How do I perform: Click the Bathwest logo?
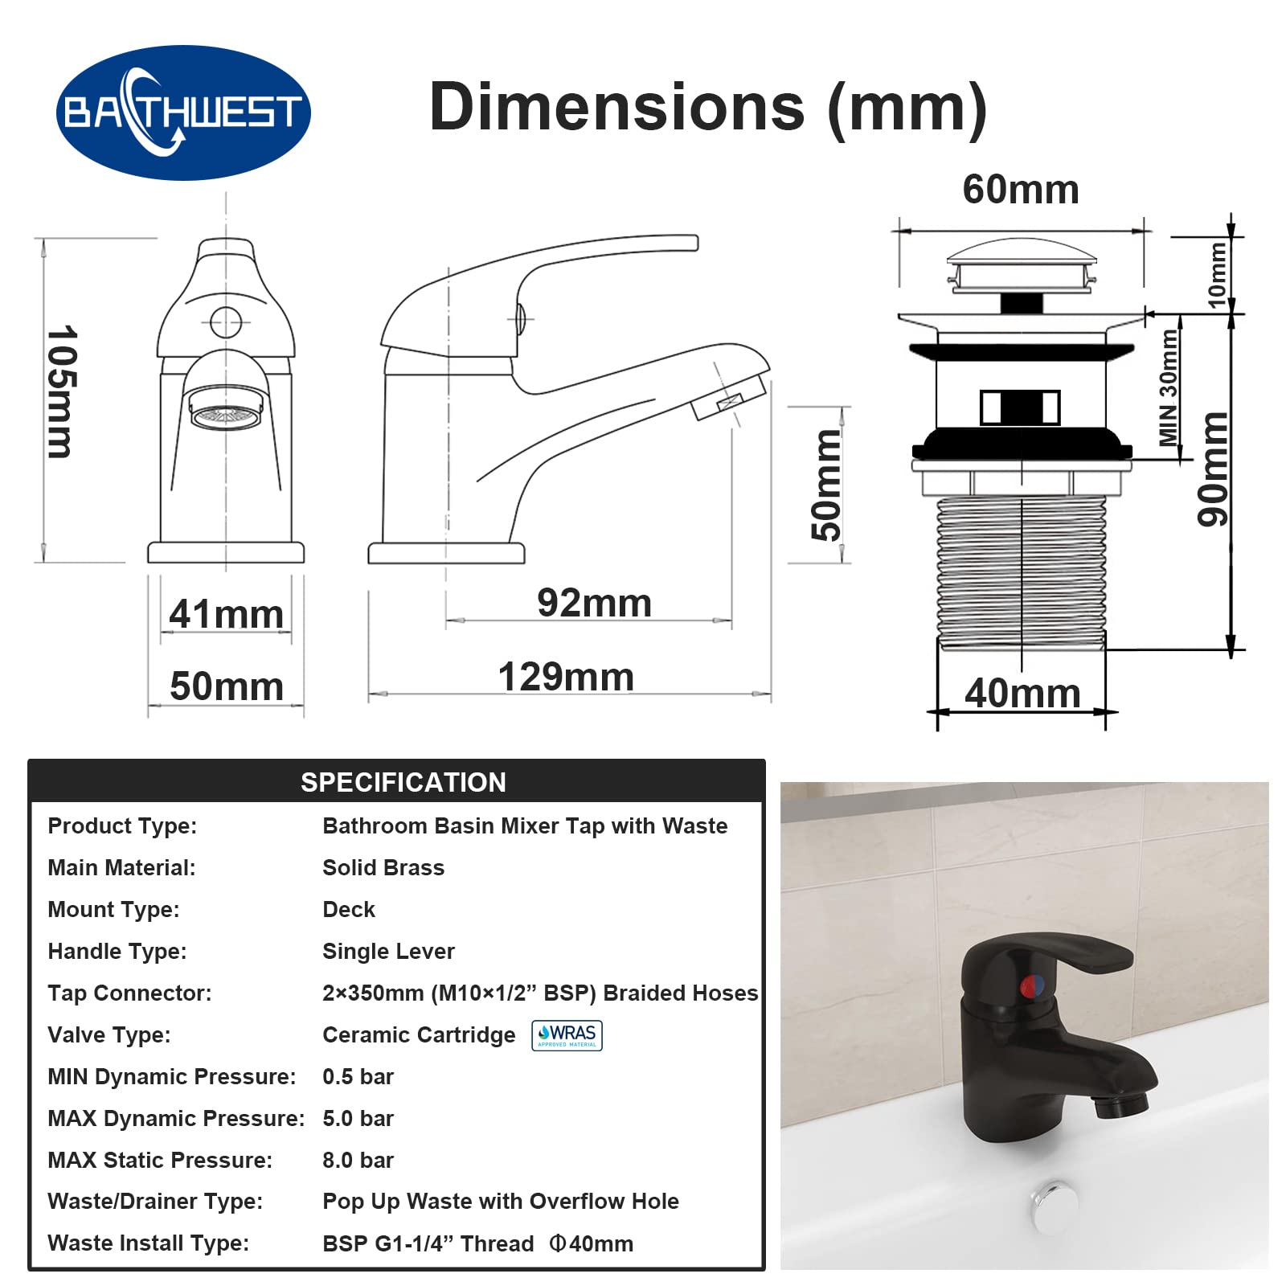[183, 113]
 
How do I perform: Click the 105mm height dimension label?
[61, 391]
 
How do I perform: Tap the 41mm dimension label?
[227, 614]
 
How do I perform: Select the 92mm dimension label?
[594, 603]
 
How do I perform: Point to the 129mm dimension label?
[566, 677]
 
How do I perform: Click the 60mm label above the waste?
[1021, 190]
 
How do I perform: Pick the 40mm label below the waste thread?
[1022, 693]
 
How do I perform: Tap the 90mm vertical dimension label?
[1213, 469]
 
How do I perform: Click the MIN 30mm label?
[1169, 387]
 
